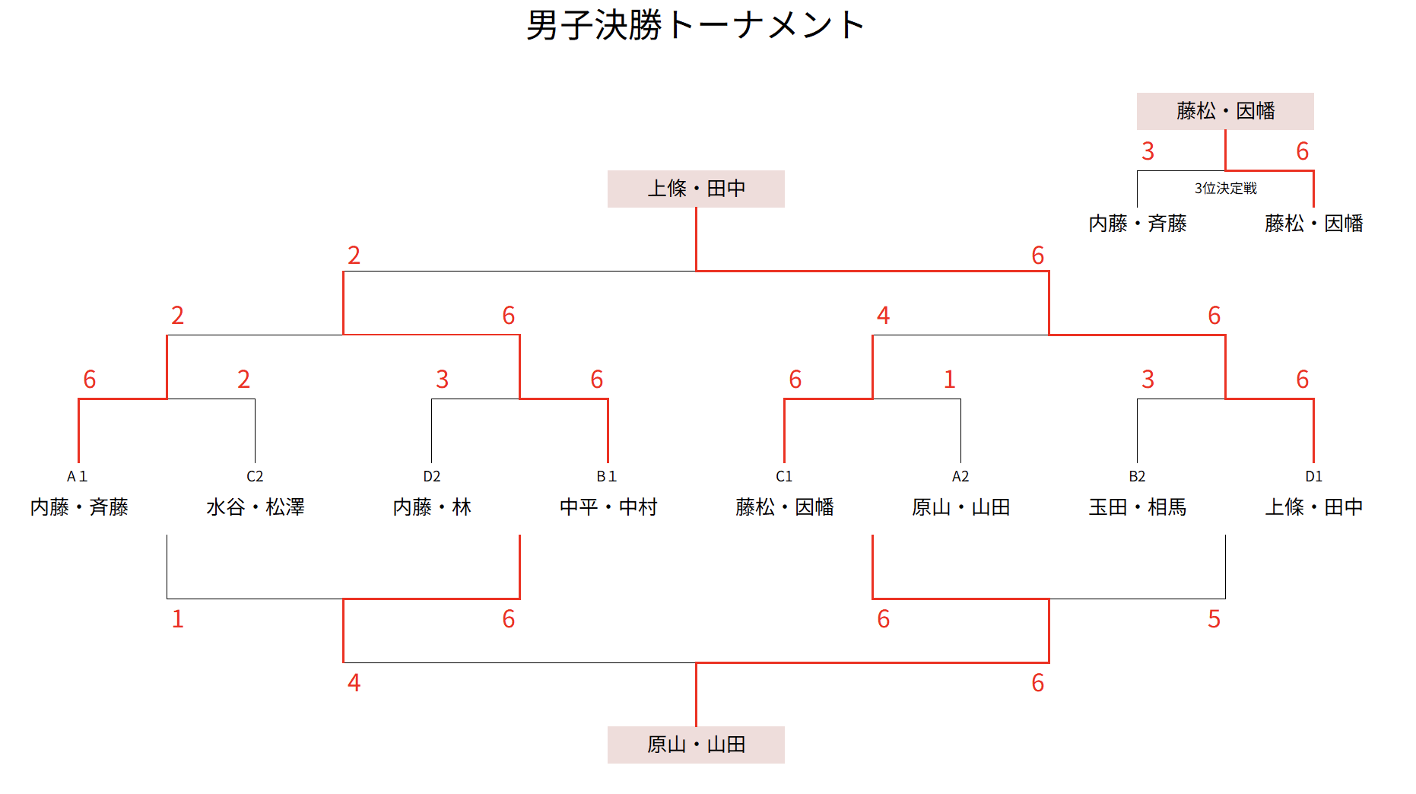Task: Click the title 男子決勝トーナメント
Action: (695, 25)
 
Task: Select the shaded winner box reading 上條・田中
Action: (696, 189)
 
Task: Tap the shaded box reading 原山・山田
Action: (696, 745)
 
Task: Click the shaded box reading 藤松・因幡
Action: (1225, 111)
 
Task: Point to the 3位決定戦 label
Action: (1225, 188)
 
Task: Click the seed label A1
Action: (78, 476)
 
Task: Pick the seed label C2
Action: (255, 476)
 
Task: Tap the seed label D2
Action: (431, 476)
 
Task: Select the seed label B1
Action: (607, 476)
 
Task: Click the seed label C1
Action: (784, 476)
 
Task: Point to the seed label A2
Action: (960, 476)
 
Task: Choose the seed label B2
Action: (1137, 476)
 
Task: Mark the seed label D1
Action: (1313, 476)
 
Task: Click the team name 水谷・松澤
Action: (255, 507)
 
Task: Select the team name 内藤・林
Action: (431, 507)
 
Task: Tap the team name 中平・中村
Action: (608, 507)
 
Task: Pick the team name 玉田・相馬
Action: (1137, 507)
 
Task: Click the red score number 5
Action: (1214, 619)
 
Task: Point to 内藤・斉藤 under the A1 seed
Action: (79, 507)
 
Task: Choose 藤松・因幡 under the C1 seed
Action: (784, 507)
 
